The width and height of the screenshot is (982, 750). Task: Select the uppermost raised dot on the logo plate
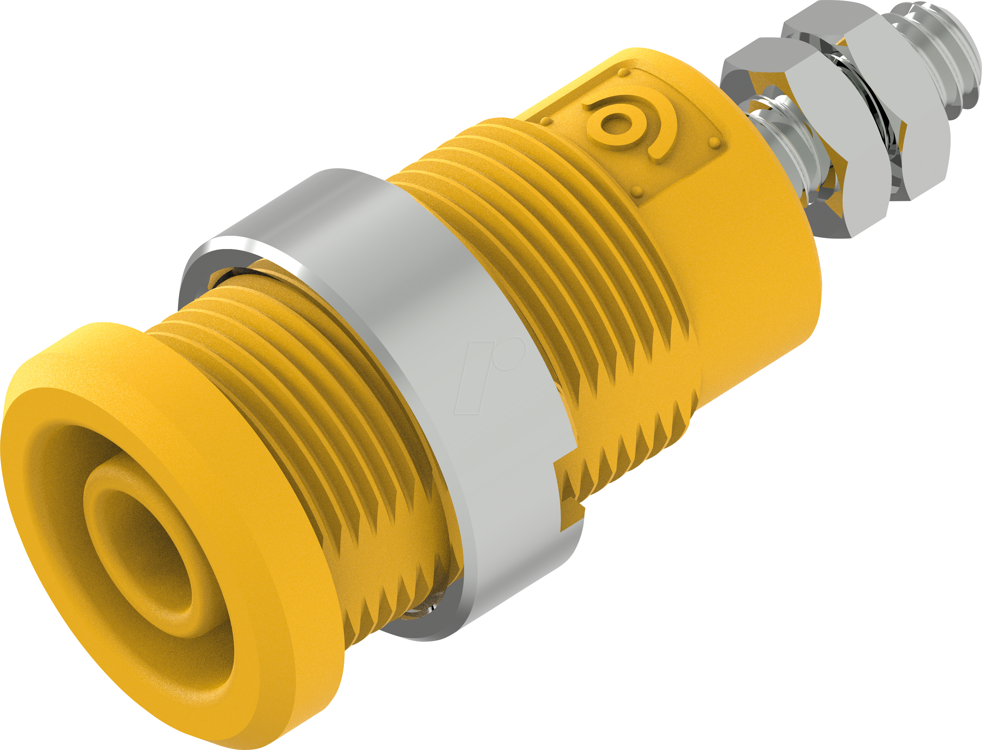point(623,73)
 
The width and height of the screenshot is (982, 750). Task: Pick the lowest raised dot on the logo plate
point(638,192)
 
